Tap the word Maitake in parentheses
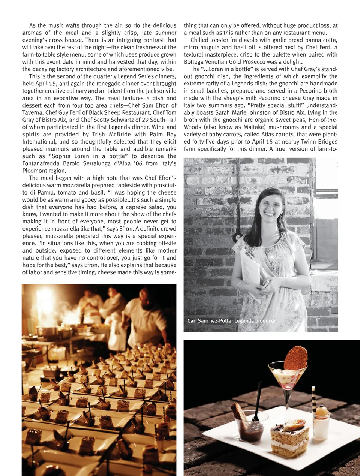255,127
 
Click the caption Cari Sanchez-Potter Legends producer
231,321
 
